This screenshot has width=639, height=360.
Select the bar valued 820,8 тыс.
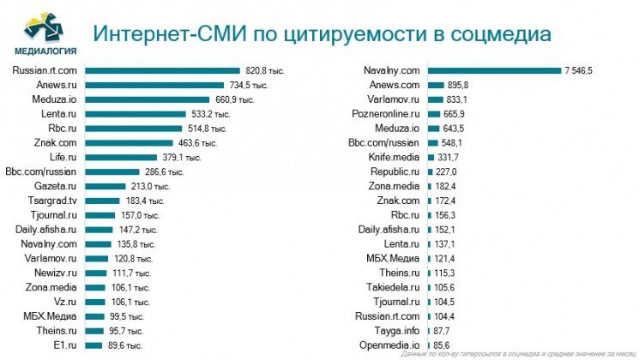coord(162,70)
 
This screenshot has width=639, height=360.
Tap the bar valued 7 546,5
coord(493,70)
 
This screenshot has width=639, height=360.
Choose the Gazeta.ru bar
coord(115,185)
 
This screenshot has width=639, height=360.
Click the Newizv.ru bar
coord(97,272)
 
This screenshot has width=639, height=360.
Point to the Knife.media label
coord(393,157)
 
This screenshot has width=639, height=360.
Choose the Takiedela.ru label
coord(391,286)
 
